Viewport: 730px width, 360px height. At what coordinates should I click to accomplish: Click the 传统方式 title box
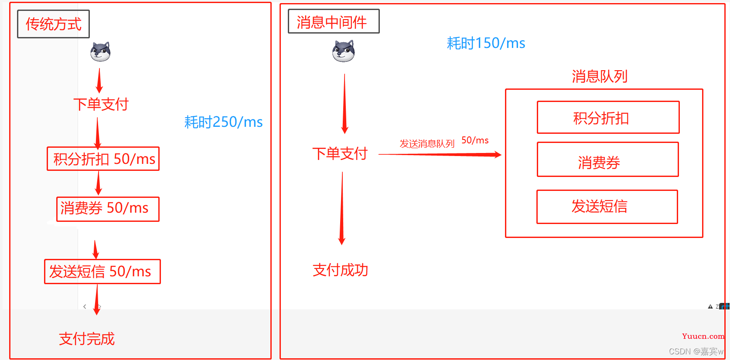pos(53,24)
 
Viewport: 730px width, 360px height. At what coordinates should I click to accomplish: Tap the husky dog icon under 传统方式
pos(100,52)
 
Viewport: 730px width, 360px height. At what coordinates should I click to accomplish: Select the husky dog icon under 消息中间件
pos(343,51)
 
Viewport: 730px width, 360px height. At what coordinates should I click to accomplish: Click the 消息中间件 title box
pos(334,21)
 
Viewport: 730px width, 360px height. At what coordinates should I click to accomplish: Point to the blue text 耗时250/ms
pos(223,122)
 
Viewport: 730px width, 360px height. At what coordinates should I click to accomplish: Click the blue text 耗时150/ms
pos(486,43)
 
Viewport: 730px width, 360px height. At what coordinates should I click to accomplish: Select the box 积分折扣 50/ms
pos(103,159)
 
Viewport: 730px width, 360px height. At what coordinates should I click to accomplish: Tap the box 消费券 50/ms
pos(108,209)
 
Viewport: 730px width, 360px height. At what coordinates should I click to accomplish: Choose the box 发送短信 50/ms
pos(102,272)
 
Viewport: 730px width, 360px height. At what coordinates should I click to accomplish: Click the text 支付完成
pos(87,339)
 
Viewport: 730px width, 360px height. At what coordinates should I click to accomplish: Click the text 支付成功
pos(340,270)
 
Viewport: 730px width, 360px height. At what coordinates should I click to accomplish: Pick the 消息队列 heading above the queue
pos(600,76)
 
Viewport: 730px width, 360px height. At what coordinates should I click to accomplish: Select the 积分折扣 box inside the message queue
pos(608,118)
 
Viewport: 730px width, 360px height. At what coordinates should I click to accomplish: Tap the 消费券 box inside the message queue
pos(607,160)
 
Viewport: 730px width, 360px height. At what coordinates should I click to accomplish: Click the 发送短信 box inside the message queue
pos(607,207)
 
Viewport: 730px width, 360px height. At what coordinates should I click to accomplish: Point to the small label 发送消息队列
pos(427,144)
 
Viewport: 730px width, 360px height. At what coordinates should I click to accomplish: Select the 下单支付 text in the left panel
pos(101,104)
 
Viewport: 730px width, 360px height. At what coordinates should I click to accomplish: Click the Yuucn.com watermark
pos(703,336)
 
